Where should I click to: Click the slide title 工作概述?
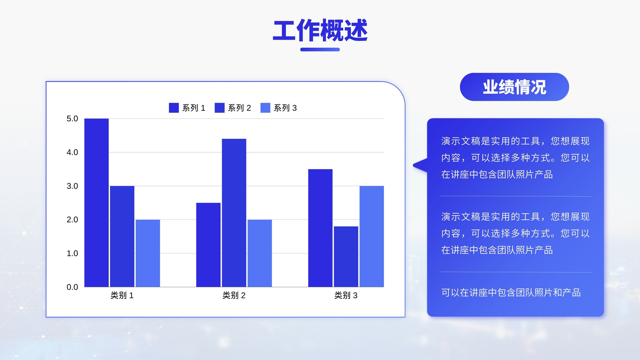(x=320, y=30)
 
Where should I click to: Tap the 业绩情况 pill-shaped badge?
(x=514, y=87)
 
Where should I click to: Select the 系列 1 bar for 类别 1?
(x=96, y=202)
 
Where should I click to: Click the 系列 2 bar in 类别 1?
(x=122, y=236)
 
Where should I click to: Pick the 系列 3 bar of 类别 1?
(x=148, y=253)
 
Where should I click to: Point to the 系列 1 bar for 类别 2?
(x=208, y=245)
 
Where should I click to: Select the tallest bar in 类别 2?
(x=234, y=213)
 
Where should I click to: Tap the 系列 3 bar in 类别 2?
(x=260, y=253)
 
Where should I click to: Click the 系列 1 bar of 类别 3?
(x=320, y=228)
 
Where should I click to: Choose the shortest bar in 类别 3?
(x=346, y=256)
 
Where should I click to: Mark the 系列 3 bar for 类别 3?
(x=372, y=236)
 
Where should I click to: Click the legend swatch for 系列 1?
(x=174, y=108)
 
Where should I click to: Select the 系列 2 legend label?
(x=240, y=108)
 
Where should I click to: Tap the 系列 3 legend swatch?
(x=266, y=108)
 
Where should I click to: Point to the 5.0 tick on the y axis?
(x=72, y=118)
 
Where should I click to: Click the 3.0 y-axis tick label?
(x=72, y=186)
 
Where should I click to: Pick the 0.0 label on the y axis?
(x=72, y=287)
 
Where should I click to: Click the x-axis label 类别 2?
(x=234, y=295)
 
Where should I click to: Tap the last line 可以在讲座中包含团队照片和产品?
(x=511, y=292)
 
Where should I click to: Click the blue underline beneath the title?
(x=320, y=50)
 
